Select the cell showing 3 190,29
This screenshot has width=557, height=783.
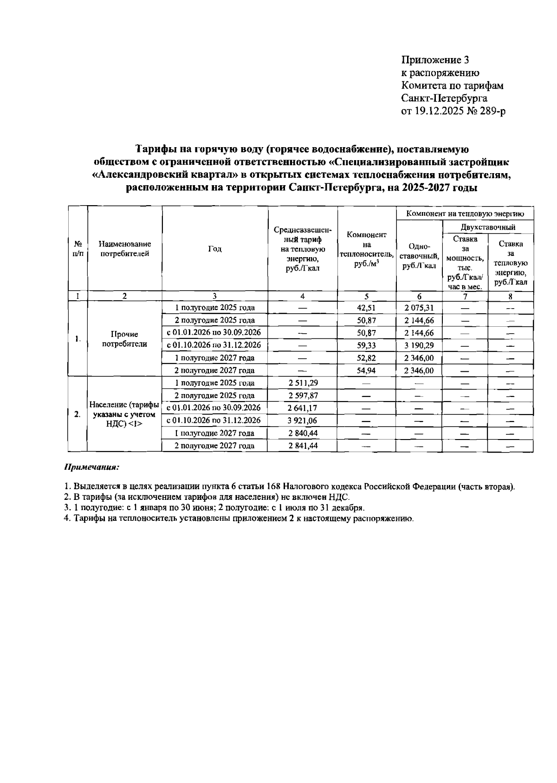tap(419, 345)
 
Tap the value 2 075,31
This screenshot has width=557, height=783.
tap(419, 308)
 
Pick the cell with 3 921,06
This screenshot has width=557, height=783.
tap(303, 421)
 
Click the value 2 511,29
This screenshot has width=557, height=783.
tap(303, 383)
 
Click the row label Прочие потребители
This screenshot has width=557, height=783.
tap(124, 339)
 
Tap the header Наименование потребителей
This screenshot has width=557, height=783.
tap(124, 249)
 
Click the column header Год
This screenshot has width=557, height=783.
tap(214, 249)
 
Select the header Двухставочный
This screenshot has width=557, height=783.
tap(488, 227)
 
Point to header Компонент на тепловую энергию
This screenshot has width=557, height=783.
tap(465, 214)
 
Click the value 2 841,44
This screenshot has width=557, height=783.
tap(303, 446)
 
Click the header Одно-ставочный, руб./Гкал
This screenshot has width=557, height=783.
tap(419, 256)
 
